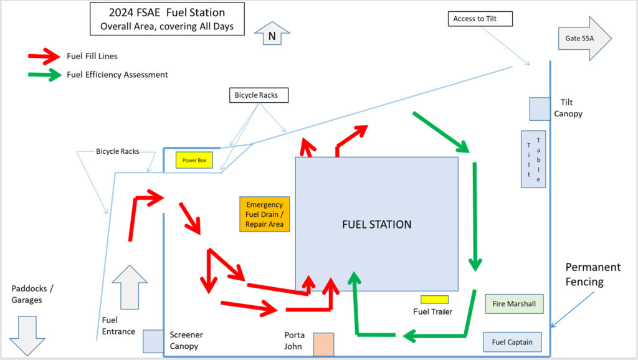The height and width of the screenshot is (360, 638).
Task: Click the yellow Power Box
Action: click(194, 160)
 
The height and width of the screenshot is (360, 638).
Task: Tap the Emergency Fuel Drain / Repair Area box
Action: click(265, 214)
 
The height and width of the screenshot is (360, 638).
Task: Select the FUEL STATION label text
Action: click(376, 224)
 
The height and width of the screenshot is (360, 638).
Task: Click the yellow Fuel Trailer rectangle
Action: click(434, 300)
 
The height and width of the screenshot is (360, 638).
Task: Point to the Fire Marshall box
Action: click(514, 304)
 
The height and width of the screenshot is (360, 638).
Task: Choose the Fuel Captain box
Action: click(512, 342)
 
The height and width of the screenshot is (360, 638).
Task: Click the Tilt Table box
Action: click(533, 159)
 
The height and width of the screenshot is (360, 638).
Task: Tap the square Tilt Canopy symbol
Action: click(540, 108)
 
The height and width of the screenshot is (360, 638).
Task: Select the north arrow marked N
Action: click(272, 34)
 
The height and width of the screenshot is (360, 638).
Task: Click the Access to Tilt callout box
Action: click(480, 19)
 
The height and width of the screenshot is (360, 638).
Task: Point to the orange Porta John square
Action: click(323, 344)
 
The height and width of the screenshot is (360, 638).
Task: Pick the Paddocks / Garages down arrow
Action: click(27, 336)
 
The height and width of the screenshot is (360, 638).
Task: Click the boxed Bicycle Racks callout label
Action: click(260, 95)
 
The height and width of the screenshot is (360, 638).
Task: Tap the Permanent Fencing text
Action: click(593, 274)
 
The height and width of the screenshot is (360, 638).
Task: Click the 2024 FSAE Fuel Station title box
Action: click(166, 19)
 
